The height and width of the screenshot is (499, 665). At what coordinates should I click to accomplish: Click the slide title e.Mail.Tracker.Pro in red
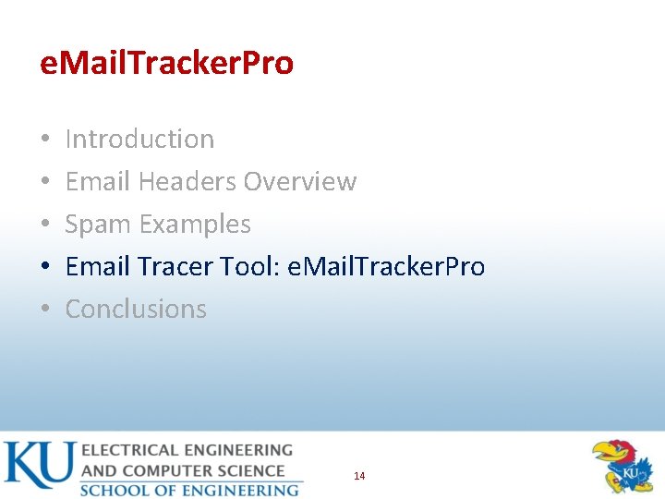coord(167,63)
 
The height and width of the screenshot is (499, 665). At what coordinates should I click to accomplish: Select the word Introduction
coord(139,140)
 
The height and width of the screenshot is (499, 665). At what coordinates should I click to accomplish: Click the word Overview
coord(300,182)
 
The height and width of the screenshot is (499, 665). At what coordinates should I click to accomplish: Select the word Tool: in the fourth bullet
coord(250,267)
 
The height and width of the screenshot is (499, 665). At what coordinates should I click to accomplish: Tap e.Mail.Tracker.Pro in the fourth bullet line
coord(386,267)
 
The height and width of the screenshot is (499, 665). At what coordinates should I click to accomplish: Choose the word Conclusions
coord(136,310)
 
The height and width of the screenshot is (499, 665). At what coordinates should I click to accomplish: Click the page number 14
coord(359,476)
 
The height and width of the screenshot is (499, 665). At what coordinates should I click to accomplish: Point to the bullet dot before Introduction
coord(45,140)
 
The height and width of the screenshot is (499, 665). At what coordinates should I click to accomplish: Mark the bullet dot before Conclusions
coord(45,310)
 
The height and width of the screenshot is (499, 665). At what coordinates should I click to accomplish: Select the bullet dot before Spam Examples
coord(45,225)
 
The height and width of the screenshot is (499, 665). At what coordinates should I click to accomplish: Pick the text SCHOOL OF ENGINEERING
coord(189,490)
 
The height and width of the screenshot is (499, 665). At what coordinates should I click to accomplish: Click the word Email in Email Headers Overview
coord(98,182)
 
